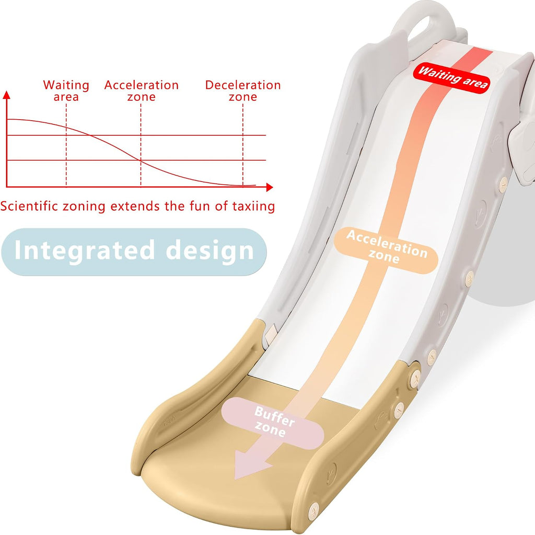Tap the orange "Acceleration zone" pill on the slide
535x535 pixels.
point(386,250)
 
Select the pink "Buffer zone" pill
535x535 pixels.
point(273,423)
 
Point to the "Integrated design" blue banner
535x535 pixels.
point(134,252)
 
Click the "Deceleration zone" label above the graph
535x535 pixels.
point(242,90)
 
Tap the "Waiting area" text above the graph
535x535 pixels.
point(66,90)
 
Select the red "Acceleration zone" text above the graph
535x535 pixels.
point(141,90)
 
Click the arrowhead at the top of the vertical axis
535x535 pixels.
point(6,95)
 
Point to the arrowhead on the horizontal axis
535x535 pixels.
point(270,187)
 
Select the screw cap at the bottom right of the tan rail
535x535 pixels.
point(313,511)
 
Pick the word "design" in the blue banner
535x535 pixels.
point(210,251)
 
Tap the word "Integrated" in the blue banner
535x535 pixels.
point(85,251)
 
